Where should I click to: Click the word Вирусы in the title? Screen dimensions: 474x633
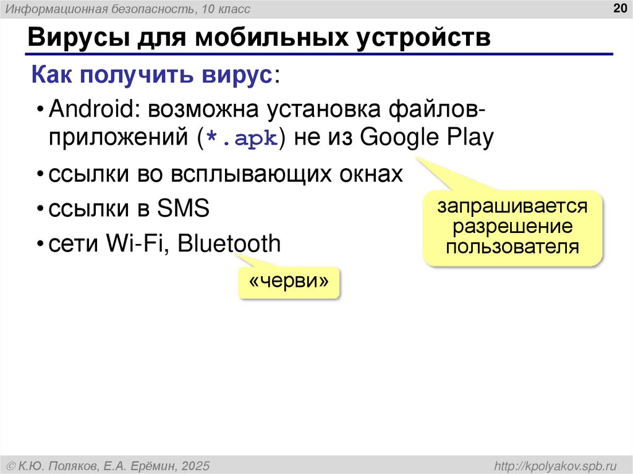point(74,38)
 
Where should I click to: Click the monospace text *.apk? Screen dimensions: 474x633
point(243,138)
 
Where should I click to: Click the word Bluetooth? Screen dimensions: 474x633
point(229,243)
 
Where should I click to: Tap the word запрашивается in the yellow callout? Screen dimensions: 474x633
point(512,206)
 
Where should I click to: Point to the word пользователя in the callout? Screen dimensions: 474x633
point(512,247)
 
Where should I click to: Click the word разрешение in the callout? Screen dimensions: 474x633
point(512,227)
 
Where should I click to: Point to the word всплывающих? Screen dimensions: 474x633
point(244,174)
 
